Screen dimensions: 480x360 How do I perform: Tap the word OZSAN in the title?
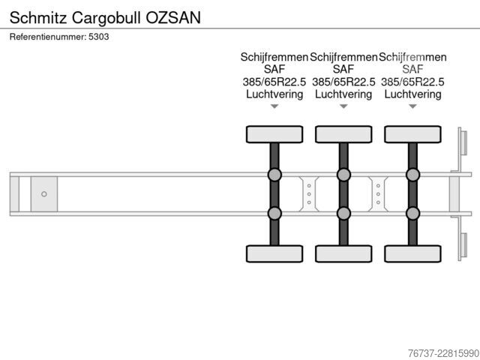click(173, 17)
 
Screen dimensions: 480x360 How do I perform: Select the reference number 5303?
click(98, 37)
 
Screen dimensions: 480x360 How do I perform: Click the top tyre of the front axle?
click(274, 134)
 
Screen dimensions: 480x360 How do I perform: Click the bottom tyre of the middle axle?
click(343, 253)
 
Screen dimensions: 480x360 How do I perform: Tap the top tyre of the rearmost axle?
click(413, 134)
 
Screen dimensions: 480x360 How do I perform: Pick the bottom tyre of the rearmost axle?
click(413, 253)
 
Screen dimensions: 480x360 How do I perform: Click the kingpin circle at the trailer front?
click(44, 194)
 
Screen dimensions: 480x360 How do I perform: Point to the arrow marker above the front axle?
click(274, 106)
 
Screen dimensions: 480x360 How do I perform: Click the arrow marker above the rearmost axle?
click(413, 106)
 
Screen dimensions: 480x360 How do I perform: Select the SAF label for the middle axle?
click(343, 69)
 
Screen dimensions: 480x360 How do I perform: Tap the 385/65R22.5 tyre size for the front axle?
click(274, 82)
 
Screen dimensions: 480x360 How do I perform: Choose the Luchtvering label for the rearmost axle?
click(412, 94)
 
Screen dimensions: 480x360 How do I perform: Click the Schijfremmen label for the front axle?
click(274, 57)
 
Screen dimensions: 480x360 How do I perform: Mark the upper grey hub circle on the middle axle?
click(343, 175)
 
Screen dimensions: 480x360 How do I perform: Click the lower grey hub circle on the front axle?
click(274, 213)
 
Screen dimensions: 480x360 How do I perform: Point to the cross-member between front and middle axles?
click(309, 194)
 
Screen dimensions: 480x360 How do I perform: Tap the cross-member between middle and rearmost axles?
click(378, 194)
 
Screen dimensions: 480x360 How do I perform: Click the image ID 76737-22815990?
click(443, 353)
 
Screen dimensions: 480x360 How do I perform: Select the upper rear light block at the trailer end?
click(463, 142)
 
